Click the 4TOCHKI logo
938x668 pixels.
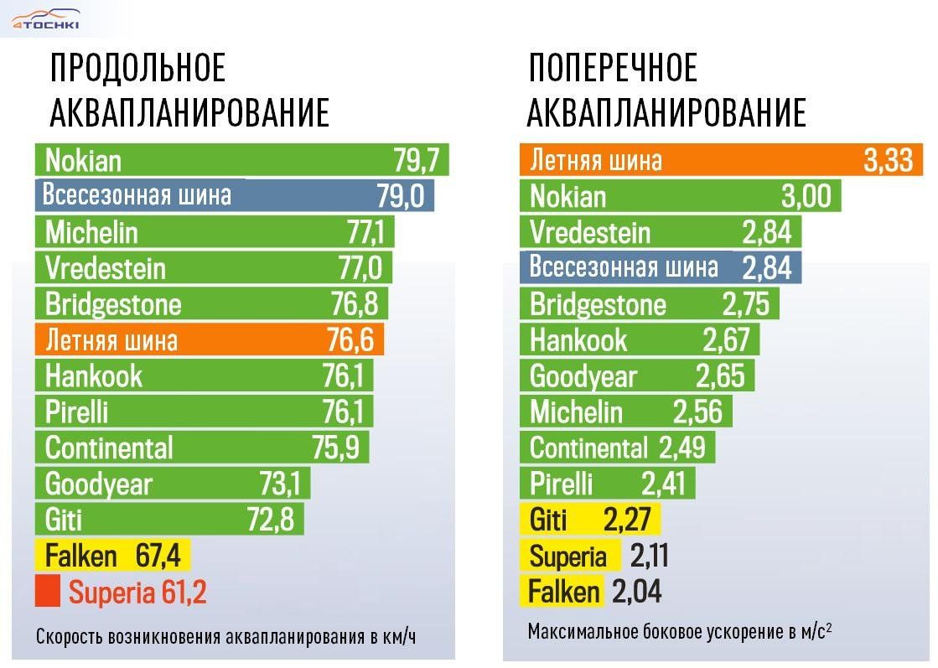pos(46,19)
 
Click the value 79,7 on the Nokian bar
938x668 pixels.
pos(417,159)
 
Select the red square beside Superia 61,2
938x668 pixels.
pos(48,592)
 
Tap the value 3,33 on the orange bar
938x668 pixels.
pos(888,160)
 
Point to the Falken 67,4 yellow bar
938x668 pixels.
pos(113,556)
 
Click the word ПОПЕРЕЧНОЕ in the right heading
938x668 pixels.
pos(613,69)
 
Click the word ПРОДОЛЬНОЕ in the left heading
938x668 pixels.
pos(138,69)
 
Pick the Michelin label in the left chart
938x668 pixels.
pos(91,231)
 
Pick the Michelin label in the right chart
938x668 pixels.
pos(576,412)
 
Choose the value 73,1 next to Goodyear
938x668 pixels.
pos(282,484)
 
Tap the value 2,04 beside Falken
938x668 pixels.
pos(636,592)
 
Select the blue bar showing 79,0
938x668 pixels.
pos(235,196)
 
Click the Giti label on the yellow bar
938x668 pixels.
pos(548,520)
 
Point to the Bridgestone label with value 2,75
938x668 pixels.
pos(598,304)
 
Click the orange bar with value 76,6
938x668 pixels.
pos(210,340)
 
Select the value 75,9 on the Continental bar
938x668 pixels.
pos(335,448)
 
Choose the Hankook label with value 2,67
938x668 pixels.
pos(578,340)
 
